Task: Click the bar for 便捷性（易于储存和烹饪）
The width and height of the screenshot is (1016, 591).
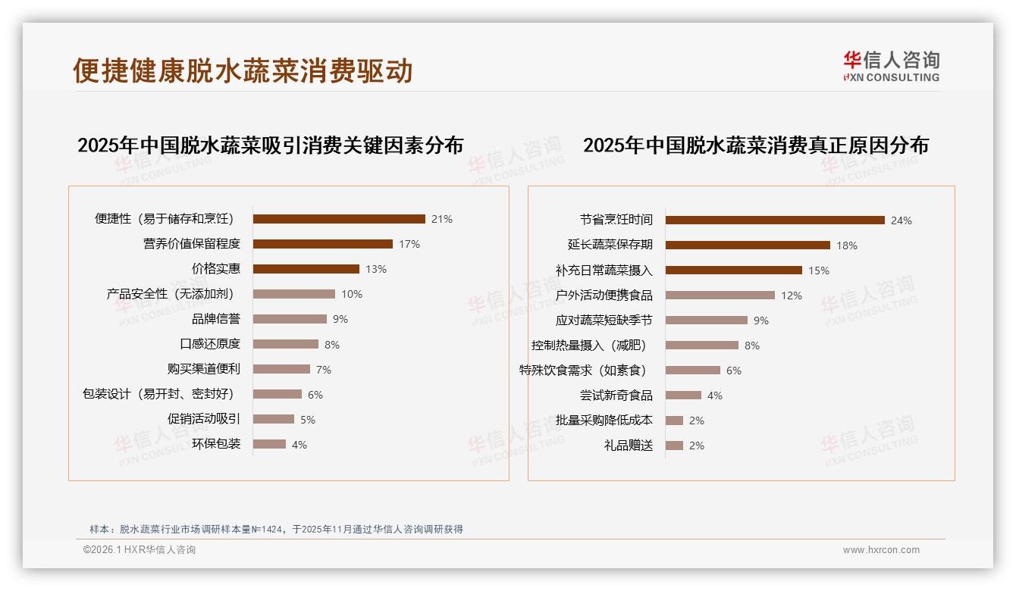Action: coord(339,219)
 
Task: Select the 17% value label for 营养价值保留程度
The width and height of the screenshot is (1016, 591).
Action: coord(409,244)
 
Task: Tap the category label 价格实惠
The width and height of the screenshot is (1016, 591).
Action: coord(216,269)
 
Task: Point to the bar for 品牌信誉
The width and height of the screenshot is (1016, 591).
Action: coord(290,319)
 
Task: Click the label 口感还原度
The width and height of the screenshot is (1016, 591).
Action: coord(210,344)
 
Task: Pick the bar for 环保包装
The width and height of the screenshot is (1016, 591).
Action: coord(269,444)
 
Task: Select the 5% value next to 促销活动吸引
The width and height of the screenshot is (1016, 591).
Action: coord(307,420)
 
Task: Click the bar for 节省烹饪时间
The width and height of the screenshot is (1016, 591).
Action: coord(775,220)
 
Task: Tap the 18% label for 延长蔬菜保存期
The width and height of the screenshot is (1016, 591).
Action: coord(847,245)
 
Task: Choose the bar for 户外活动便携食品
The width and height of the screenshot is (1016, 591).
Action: coord(720,295)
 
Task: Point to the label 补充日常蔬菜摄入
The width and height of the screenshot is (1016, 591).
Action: coord(604,270)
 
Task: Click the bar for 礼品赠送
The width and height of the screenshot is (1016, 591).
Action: coord(674,446)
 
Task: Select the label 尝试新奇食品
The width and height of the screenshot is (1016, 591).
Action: coord(616,396)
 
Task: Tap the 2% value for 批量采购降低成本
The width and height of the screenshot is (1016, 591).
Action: coord(697,421)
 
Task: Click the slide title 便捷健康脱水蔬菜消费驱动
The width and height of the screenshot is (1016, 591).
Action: coord(243,70)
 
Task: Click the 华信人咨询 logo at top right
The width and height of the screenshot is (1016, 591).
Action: coord(892,66)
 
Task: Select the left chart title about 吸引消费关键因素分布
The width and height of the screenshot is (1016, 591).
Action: coord(270,145)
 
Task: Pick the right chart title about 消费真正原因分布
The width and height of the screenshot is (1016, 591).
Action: coord(755,145)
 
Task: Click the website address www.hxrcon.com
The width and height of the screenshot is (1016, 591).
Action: coord(881,550)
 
